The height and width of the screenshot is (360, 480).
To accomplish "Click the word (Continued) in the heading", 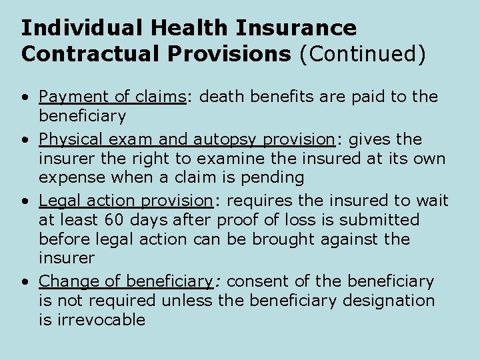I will click(x=362, y=54).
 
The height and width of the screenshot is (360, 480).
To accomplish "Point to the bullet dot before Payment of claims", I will click(x=24, y=97).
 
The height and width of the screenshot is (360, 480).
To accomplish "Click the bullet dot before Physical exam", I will click(x=24, y=140).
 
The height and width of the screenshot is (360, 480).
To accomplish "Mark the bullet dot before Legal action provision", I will click(x=24, y=201).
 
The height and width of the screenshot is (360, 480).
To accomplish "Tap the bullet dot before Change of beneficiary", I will click(x=24, y=282).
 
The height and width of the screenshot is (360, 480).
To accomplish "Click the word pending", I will click(x=273, y=177).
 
